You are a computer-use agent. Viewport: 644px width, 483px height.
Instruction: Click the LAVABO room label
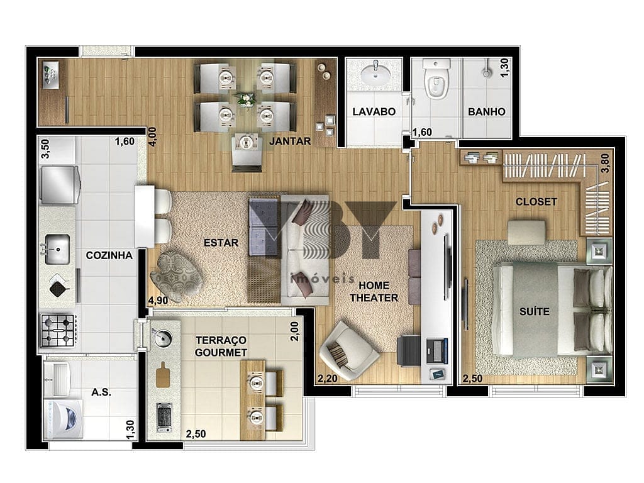(x=374, y=112)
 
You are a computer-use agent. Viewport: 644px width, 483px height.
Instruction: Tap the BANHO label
(x=486, y=112)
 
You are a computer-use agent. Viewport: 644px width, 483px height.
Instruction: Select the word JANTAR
(x=290, y=142)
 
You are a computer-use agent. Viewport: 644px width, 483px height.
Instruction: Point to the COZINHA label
(x=109, y=255)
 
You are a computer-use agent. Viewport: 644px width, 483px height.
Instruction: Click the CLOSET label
(x=536, y=202)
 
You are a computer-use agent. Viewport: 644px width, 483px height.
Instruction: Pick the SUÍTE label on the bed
(x=535, y=312)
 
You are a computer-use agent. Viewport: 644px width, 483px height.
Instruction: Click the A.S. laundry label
(x=101, y=392)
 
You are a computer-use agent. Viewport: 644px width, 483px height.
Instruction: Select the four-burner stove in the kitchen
(x=57, y=330)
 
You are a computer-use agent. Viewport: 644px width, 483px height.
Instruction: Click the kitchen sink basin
(x=57, y=249)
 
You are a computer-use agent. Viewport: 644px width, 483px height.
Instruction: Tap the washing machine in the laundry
(x=64, y=419)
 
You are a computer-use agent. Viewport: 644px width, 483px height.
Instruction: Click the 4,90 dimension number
(x=158, y=301)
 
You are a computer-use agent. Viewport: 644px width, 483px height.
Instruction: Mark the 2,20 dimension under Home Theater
(x=327, y=378)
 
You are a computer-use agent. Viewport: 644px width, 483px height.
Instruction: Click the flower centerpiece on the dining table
(x=246, y=99)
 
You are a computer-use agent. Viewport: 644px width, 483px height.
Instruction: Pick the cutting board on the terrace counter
(x=164, y=374)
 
